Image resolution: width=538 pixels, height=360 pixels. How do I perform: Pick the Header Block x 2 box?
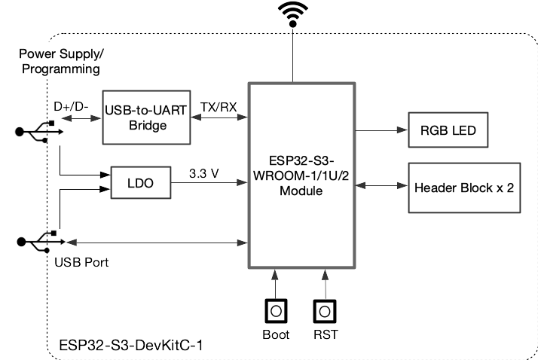[463, 186]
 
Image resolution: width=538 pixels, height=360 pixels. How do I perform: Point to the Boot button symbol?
[277, 311]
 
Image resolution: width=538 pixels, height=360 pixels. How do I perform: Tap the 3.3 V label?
[203, 172]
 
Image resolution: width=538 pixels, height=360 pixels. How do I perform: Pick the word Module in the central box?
[301, 192]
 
